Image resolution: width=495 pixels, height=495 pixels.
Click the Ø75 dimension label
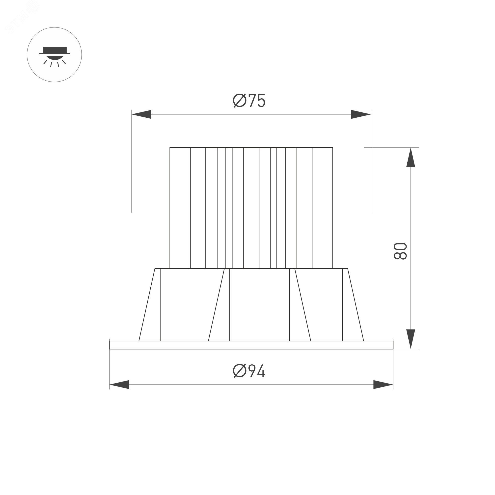(x=249, y=101)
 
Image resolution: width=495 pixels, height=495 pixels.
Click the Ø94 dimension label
(x=249, y=371)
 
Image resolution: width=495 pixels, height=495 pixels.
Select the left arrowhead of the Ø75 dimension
(x=142, y=114)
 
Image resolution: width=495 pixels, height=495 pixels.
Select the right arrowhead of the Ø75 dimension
(x=361, y=114)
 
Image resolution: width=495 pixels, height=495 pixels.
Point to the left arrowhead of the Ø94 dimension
(x=119, y=385)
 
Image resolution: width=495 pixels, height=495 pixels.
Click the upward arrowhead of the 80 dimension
(x=411, y=158)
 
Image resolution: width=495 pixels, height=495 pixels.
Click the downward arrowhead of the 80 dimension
(x=411, y=339)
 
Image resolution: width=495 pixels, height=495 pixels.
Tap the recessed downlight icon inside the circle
(x=54, y=54)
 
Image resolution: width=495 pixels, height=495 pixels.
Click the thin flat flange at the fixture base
(x=251, y=345)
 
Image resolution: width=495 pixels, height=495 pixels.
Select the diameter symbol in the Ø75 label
(x=240, y=101)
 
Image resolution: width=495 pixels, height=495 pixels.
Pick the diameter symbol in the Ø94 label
(x=240, y=371)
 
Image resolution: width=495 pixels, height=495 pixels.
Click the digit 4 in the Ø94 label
(x=261, y=371)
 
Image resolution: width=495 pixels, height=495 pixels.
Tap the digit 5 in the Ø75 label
(x=261, y=101)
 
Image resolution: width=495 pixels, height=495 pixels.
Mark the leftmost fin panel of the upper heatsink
(x=180, y=208)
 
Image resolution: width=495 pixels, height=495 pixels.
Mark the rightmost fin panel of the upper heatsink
(x=322, y=208)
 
